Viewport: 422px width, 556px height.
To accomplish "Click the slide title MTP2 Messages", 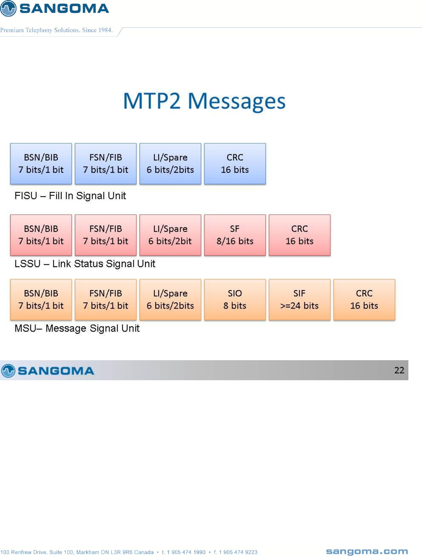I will pyautogui.click(x=204, y=101).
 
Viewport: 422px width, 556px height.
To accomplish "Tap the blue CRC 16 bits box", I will pyautogui.click(x=235, y=164).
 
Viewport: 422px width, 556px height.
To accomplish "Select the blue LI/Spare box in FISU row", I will pyautogui.click(x=170, y=164).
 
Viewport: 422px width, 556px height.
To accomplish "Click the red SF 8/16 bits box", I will pyautogui.click(x=235, y=235).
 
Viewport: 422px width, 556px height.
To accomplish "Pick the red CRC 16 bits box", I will pyautogui.click(x=299, y=235).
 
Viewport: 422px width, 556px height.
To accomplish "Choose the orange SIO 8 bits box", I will pyautogui.click(x=235, y=300).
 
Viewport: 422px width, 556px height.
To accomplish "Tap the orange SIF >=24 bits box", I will pyautogui.click(x=299, y=300).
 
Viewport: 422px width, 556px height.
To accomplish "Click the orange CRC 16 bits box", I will pyautogui.click(x=364, y=300).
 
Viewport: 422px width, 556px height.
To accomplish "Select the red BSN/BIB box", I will pyautogui.click(x=41, y=235).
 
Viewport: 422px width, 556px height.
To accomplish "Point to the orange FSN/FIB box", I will pyautogui.click(x=105, y=300).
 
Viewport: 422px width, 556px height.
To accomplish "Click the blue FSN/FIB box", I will pyautogui.click(x=105, y=164).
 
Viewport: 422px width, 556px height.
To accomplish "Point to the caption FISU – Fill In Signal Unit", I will pyautogui.click(x=70, y=196).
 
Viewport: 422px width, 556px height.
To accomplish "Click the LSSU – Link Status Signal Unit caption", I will pyautogui.click(x=85, y=264).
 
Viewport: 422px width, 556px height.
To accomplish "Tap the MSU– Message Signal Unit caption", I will pyautogui.click(x=77, y=328).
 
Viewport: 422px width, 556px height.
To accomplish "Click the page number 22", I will pyautogui.click(x=399, y=370).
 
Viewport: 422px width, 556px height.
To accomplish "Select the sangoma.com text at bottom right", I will pyautogui.click(x=366, y=551).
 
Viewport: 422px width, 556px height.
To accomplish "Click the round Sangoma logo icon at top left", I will pyautogui.click(x=8, y=8).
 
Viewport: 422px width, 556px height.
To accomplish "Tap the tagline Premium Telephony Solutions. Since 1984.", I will pyautogui.click(x=56, y=30).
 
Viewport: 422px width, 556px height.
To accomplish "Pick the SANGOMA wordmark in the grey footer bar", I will pyautogui.click(x=56, y=371).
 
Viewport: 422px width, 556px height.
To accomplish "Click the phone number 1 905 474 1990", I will pyautogui.click(x=186, y=552).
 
